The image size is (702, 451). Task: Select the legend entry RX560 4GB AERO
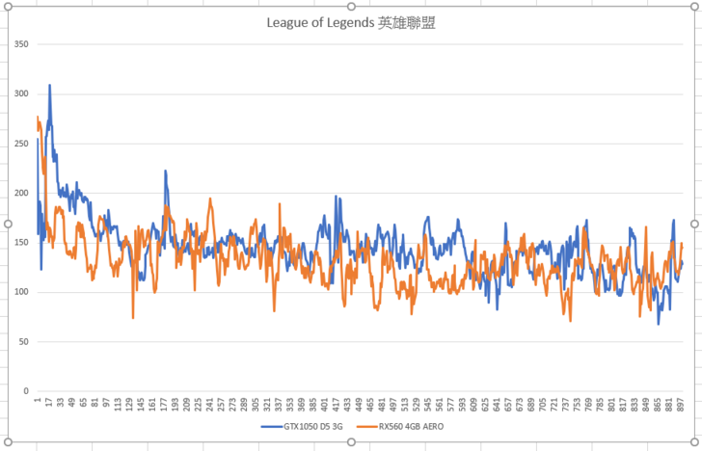pos(412,425)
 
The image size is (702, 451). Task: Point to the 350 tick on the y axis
pos(21,44)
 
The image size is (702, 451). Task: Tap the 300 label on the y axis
pos(21,93)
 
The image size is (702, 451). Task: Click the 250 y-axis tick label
pos(21,144)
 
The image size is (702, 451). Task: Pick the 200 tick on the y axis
pos(21,193)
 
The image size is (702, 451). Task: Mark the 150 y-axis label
pos(21,243)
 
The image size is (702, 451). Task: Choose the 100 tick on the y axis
pos(21,292)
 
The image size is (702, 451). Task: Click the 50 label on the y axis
pos(24,342)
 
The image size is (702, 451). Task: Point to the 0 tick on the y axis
pos(27,391)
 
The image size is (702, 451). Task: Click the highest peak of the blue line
pos(49,85)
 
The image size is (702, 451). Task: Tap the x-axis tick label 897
pos(682,404)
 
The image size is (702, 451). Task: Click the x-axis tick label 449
pos(360,404)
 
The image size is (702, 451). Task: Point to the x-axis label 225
pos(198,404)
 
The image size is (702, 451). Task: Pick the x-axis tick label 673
pos(521,404)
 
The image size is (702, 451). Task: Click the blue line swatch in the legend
pos(271,425)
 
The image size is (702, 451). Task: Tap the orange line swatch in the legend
pos(365,425)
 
